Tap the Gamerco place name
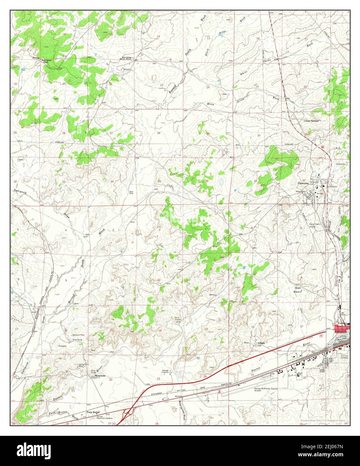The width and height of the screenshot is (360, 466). [x=303, y=183]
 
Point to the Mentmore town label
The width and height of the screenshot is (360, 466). [x=100, y=376]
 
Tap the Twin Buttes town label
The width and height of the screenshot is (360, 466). [x=94, y=412]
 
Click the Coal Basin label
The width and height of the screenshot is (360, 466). [x=298, y=290]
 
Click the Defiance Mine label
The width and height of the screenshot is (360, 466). [x=78, y=335]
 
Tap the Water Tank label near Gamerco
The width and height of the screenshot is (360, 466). [x=300, y=191]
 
